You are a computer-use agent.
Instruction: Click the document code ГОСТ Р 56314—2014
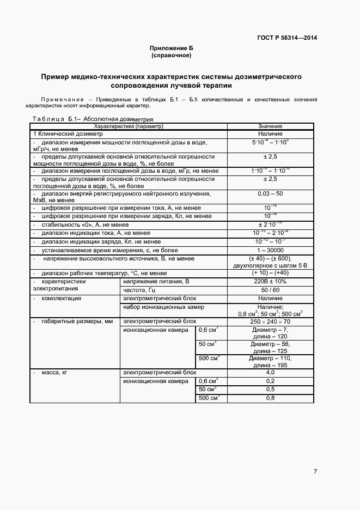[x=286, y=38]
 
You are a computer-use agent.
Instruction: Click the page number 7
[x=315, y=471]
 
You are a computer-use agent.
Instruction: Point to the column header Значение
[x=270, y=126]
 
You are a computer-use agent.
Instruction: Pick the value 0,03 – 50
[x=270, y=193]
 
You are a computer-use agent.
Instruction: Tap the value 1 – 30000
[x=270, y=250]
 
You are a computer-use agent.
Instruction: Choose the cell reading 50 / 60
[x=270, y=290]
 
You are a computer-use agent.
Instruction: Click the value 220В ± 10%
[x=270, y=282]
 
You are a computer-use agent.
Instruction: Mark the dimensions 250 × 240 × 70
[x=270, y=322]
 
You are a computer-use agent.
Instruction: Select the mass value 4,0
[x=270, y=373]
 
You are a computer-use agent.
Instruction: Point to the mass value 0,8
[x=270, y=398]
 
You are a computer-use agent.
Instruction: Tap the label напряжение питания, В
[x=156, y=282]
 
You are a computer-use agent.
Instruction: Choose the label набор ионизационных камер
[x=163, y=307]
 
